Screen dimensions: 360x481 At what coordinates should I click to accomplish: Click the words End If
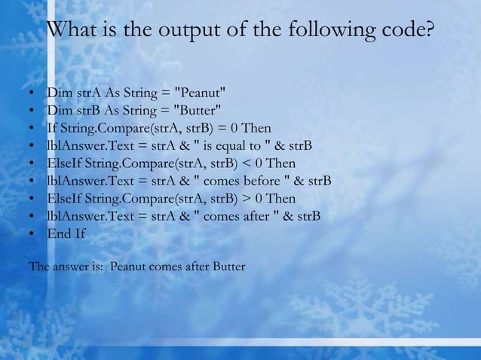(x=66, y=234)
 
